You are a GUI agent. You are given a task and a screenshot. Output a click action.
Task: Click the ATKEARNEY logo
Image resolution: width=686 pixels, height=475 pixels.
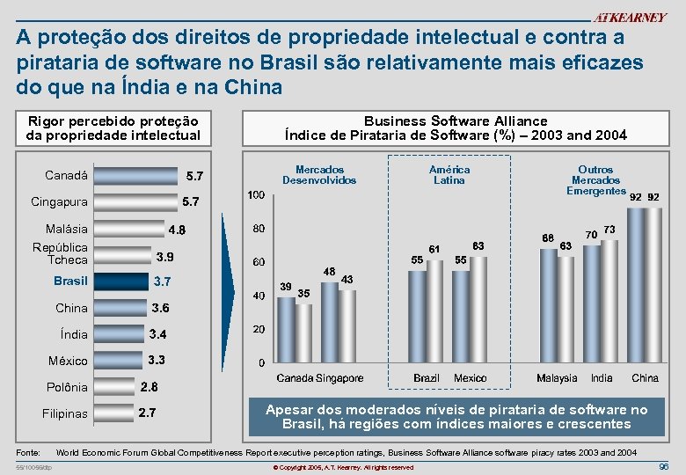tap(629, 18)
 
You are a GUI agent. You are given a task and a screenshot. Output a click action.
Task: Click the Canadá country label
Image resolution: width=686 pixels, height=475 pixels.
tap(66, 175)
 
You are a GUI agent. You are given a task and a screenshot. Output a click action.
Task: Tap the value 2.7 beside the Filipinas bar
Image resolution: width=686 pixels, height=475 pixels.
tap(148, 413)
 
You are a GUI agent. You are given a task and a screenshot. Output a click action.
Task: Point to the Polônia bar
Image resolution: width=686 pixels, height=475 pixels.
tap(113, 387)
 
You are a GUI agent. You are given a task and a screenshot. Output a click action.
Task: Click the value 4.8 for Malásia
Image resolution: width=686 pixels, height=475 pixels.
tap(177, 230)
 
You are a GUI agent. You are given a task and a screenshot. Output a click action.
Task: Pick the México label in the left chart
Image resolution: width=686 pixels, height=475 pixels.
tap(69, 361)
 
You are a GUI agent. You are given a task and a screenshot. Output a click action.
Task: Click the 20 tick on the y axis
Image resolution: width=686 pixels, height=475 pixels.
tap(259, 329)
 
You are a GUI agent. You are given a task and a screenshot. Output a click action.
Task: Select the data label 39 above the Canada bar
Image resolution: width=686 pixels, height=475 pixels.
tap(286, 287)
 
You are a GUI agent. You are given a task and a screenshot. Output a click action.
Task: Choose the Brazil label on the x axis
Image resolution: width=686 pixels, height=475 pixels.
tap(427, 378)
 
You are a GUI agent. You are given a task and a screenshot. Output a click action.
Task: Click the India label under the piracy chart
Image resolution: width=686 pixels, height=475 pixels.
tap(602, 378)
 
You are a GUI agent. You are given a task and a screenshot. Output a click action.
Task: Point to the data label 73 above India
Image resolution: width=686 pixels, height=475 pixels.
tap(609, 230)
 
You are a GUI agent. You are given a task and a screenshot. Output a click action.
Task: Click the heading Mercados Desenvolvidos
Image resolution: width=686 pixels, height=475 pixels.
tap(319, 174)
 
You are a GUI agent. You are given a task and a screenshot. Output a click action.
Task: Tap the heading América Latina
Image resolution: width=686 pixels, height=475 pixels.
tap(449, 174)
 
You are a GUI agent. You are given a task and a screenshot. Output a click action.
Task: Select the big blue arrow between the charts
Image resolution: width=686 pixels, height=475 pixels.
tap(228, 290)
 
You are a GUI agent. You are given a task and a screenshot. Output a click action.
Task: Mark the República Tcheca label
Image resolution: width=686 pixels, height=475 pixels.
tap(60, 253)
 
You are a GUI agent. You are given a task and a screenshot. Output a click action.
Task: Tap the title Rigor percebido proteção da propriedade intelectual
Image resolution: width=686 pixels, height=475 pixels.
tap(113, 128)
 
